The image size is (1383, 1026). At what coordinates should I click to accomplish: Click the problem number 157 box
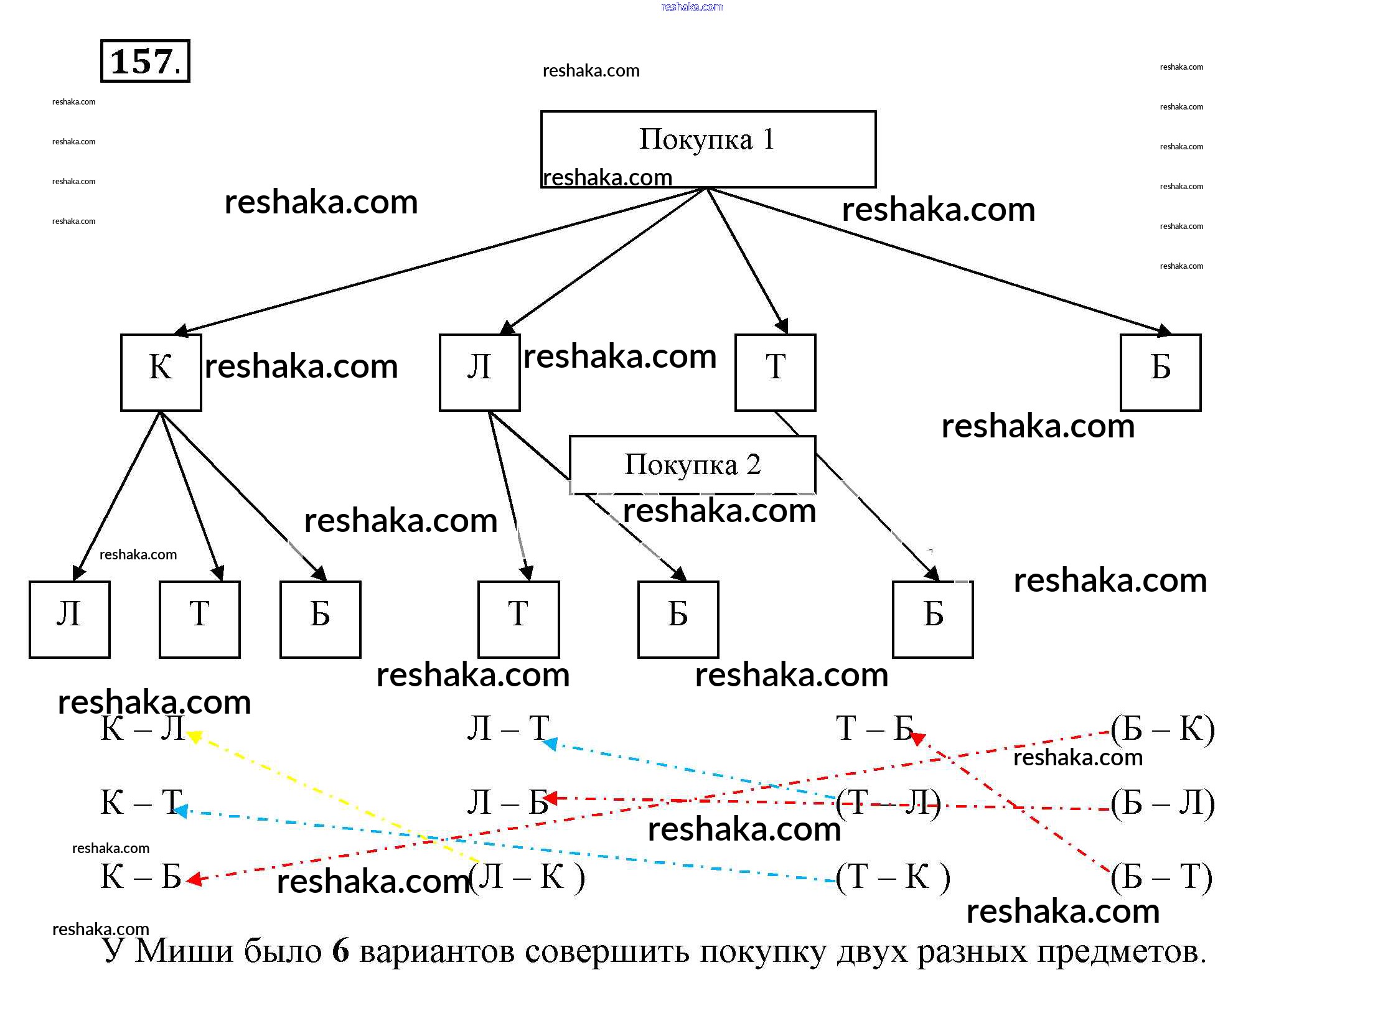click(145, 61)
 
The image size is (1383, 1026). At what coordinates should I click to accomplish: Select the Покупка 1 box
click(708, 149)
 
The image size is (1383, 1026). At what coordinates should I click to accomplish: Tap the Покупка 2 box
click(692, 465)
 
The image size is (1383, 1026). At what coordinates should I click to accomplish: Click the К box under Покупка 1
click(161, 372)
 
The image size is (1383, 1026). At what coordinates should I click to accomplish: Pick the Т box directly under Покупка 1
click(775, 372)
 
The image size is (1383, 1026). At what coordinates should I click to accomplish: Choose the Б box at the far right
click(1160, 372)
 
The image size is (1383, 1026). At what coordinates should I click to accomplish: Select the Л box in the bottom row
click(70, 619)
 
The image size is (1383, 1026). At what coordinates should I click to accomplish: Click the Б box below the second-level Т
click(932, 619)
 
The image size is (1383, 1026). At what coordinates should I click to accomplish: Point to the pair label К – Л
click(142, 728)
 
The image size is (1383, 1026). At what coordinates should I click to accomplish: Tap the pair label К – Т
click(141, 802)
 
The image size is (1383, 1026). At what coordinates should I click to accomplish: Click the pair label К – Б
click(141, 877)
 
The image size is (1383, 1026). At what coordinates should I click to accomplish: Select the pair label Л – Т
click(508, 728)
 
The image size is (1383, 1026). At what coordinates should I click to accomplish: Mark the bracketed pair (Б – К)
click(1163, 729)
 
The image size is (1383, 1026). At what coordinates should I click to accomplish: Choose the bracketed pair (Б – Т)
click(1161, 877)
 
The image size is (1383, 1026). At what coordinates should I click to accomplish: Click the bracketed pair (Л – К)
click(527, 877)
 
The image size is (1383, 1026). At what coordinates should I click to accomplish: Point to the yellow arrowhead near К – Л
click(194, 737)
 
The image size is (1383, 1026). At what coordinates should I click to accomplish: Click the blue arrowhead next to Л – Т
click(550, 743)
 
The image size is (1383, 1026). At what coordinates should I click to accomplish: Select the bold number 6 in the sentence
click(340, 951)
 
